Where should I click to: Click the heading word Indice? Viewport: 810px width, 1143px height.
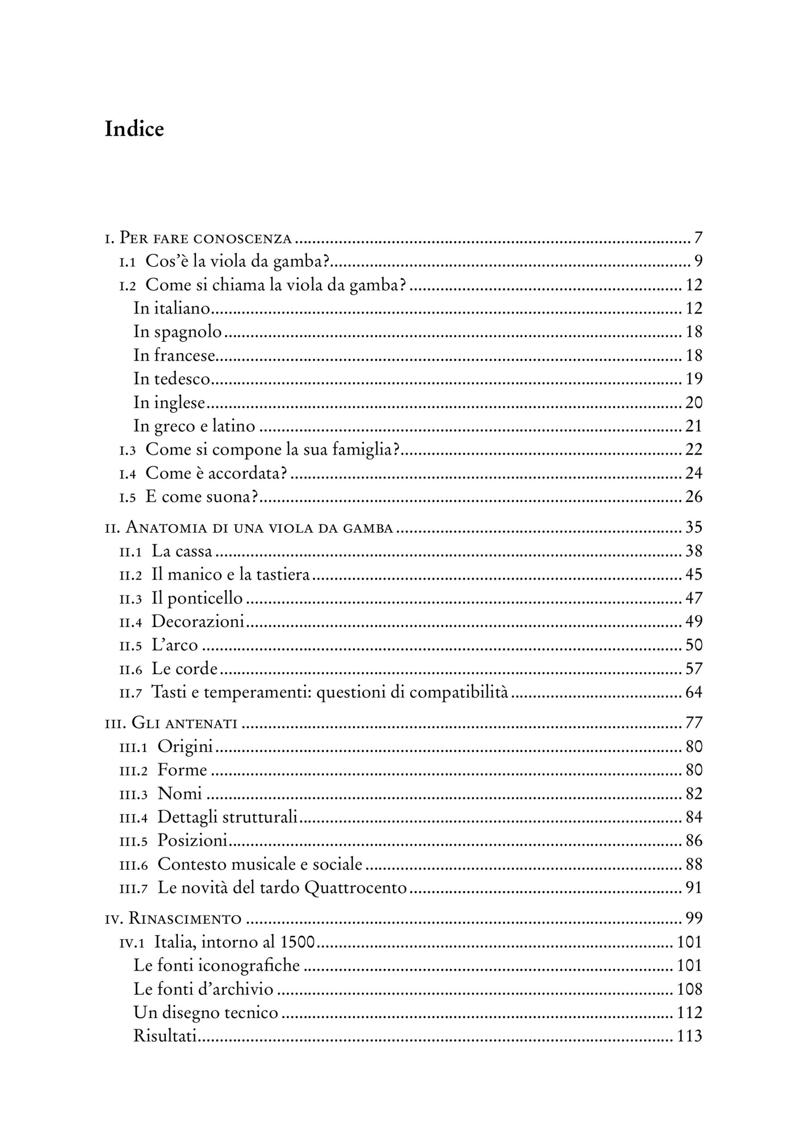point(134,129)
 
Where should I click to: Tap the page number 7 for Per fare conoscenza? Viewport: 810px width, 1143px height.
point(698,238)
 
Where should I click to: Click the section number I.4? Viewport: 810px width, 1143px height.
point(128,474)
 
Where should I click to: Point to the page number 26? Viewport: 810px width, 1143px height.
point(694,497)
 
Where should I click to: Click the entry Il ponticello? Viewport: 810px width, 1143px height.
point(197,598)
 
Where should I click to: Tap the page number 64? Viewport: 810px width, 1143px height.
point(694,692)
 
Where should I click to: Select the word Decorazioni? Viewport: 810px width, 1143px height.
point(198,622)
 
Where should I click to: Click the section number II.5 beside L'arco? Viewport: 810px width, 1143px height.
point(130,646)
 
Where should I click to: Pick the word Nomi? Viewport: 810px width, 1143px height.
point(180,793)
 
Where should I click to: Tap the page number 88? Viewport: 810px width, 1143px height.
point(694,864)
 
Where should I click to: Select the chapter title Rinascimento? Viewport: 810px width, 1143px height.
point(185,918)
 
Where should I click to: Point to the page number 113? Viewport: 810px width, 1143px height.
point(690,1036)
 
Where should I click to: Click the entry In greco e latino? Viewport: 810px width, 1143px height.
point(194,426)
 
